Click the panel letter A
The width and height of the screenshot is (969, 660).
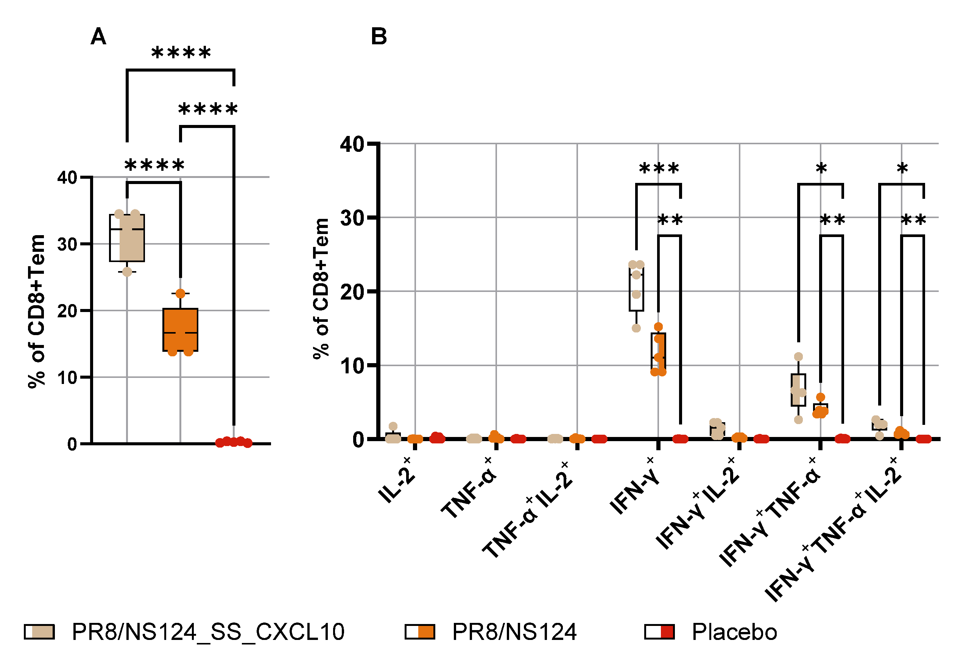(x=98, y=37)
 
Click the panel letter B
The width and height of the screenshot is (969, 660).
(x=378, y=37)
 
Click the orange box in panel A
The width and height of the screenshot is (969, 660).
(x=180, y=329)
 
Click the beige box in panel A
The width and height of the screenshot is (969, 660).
(x=127, y=238)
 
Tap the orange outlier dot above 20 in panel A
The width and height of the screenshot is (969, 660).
(x=180, y=294)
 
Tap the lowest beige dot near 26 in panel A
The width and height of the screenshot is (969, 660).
(x=127, y=272)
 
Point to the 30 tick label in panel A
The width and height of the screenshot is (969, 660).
(x=67, y=245)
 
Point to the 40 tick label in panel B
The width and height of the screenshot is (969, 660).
(x=352, y=144)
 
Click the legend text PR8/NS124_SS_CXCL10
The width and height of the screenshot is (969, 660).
(x=208, y=632)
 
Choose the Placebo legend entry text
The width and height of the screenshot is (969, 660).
(x=734, y=632)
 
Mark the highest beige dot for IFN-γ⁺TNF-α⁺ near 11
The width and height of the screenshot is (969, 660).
(x=798, y=357)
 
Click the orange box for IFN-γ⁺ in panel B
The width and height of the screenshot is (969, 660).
(x=658, y=351)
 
